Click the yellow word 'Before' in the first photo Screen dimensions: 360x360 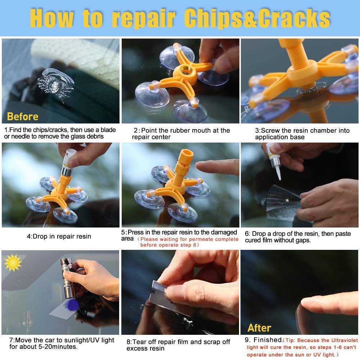click(22, 117)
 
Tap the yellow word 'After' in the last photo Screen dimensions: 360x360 click(259, 328)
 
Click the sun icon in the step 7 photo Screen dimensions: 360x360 click(13, 263)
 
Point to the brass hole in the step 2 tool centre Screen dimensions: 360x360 click(186, 70)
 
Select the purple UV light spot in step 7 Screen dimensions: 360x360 click(72, 305)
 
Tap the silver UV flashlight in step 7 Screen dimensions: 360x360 click(68, 278)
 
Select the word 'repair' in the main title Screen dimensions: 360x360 click(144, 19)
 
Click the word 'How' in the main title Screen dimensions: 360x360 click(52, 18)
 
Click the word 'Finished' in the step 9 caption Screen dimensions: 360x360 click(267, 340)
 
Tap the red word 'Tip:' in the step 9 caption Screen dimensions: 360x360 click(290, 341)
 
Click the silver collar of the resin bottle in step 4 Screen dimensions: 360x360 click(67, 172)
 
